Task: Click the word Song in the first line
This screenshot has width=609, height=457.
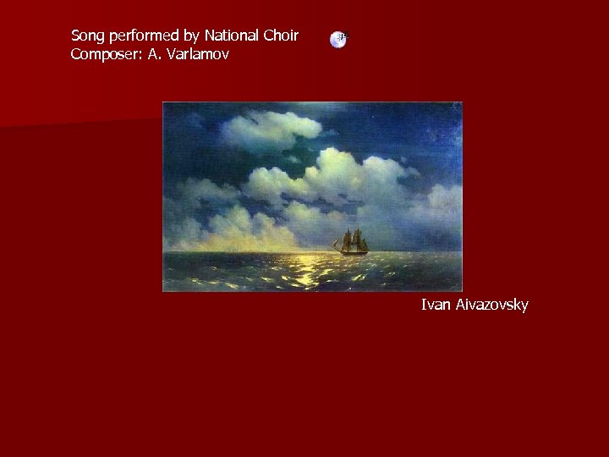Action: (x=88, y=36)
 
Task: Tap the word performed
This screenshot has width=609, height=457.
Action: (x=145, y=36)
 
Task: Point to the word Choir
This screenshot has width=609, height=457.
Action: (x=282, y=36)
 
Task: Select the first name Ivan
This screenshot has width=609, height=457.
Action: (x=436, y=305)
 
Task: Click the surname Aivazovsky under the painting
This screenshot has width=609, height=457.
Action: (x=492, y=305)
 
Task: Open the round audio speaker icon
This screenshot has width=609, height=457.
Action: (x=338, y=39)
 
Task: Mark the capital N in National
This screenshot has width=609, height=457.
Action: (x=210, y=36)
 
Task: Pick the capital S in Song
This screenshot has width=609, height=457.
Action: (x=76, y=36)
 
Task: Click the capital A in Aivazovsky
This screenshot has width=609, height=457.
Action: (x=461, y=305)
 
